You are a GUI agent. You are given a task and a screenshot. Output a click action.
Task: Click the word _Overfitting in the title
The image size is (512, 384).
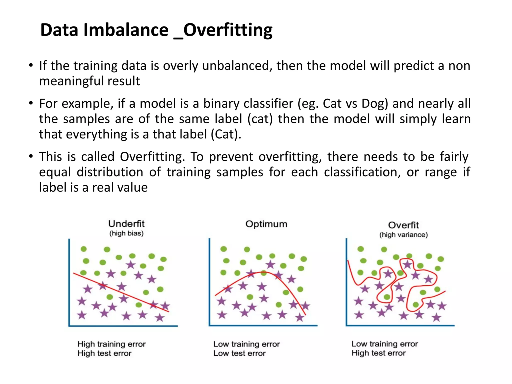(x=223, y=30)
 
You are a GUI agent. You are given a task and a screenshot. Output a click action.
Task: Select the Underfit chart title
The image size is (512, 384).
(x=126, y=223)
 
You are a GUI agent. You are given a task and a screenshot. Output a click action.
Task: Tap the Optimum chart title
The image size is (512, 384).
(x=266, y=224)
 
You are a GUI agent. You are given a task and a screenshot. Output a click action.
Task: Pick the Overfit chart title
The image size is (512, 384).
(x=403, y=225)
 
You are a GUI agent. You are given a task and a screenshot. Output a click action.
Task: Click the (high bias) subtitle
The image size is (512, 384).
(x=126, y=233)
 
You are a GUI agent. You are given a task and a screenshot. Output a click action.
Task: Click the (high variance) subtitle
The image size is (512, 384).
(x=403, y=235)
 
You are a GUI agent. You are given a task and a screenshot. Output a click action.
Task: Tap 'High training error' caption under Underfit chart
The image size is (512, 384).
(x=111, y=344)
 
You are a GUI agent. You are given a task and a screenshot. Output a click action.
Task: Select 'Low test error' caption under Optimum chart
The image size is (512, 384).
(x=239, y=353)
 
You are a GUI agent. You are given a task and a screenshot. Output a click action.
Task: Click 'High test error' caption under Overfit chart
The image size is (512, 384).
(x=378, y=353)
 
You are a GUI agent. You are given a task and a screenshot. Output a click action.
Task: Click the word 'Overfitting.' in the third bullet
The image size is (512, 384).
(x=152, y=157)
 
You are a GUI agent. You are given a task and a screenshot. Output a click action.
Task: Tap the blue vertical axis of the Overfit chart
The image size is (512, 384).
(x=346, y=282)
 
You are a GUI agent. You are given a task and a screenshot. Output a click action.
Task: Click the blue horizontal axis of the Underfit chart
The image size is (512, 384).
(x=123, y=326)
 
